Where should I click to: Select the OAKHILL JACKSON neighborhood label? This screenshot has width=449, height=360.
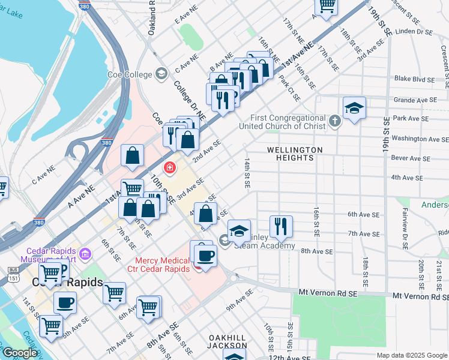[227, 341]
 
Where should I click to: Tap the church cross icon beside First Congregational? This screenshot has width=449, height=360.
[336, 122]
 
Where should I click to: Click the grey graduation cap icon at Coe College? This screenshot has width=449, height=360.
[161, 74]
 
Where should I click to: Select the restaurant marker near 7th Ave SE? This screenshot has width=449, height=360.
[281, 226]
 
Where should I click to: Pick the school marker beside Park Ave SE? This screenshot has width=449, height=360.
[355, 107]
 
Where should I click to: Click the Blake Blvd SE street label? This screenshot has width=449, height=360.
[415, 79]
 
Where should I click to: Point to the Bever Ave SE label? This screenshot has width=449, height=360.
[411, 158]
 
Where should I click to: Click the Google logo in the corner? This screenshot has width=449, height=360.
[20, 353]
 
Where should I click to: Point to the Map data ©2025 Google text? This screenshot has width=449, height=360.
[412, 355]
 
